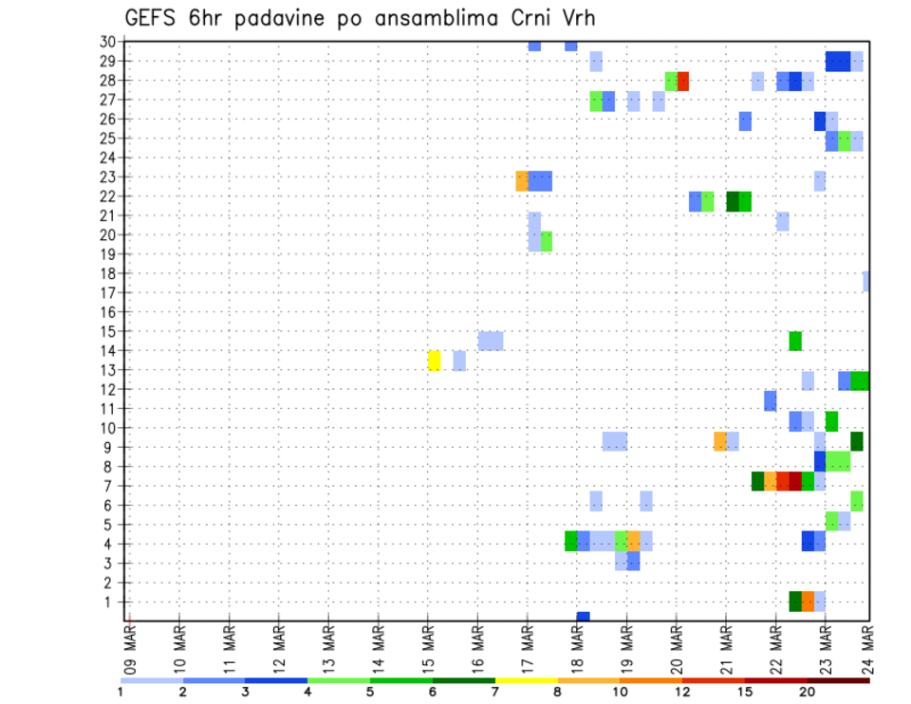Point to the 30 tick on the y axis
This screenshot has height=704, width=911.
[x=107, y=42]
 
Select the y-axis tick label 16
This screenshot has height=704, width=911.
[x=107, y=312]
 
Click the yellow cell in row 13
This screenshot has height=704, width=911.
[x=435, y=361]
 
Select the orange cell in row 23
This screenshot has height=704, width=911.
[x=522, y=180]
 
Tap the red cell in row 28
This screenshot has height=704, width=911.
[x=683, y=81]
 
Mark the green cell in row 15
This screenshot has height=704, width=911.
[x=795, y=341]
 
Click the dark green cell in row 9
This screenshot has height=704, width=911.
[x=857, y=441]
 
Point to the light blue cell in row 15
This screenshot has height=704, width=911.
[x=491, y=341]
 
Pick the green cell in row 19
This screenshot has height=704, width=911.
[x=547, y=241]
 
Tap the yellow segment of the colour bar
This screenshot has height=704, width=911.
[x=526, y=680]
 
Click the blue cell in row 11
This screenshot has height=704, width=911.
[x=771, y=400]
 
